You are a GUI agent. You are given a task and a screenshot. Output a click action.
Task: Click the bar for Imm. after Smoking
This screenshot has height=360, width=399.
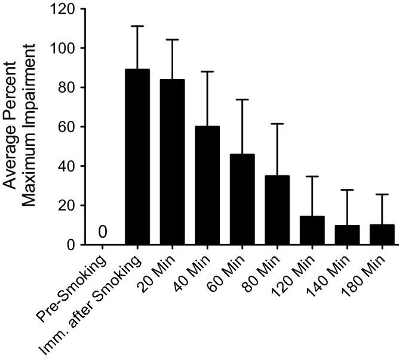point(137,157)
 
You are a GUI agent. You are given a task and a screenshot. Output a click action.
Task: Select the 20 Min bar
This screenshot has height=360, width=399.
point(172,161)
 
